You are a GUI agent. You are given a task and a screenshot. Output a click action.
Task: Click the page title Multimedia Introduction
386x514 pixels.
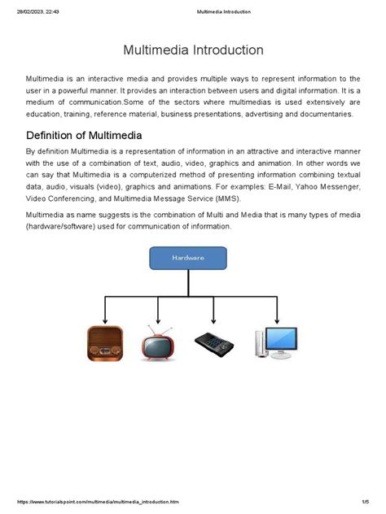[193, 50]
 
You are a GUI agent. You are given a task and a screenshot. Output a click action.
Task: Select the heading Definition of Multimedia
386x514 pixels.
[84, 135]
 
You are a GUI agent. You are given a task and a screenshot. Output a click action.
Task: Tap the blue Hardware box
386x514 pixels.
[187, 257]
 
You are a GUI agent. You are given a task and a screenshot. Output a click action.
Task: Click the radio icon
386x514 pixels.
[105, 343]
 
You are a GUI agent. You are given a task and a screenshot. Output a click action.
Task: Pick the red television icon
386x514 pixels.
[158, 343]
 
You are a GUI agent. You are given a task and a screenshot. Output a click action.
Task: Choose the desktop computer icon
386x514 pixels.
[275, 342]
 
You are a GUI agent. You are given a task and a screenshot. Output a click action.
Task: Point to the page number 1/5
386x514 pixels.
[366, 503]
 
